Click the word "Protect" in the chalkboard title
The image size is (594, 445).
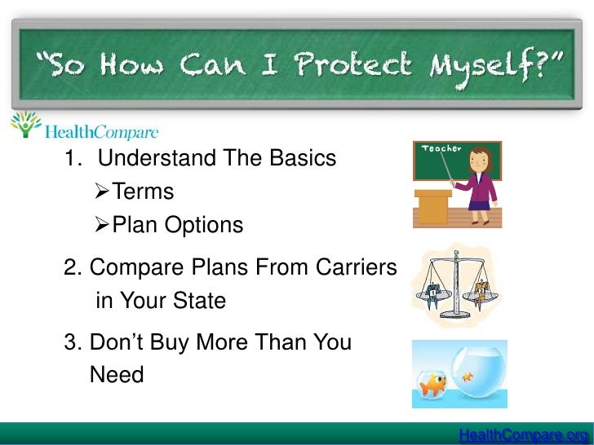pyautogui.click(x=339, y=64)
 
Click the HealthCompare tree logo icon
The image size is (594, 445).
pyautogui.click(x=25, y=126)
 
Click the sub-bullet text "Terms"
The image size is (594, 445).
pyautogui.click(x=143, y=192)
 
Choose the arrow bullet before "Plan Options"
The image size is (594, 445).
pyautogui.click(x=103, y=225)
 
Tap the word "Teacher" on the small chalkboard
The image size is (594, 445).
pyautogui.click(x=441, y=149)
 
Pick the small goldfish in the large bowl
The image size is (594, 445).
pyautogui.click(x=468, y=377)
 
